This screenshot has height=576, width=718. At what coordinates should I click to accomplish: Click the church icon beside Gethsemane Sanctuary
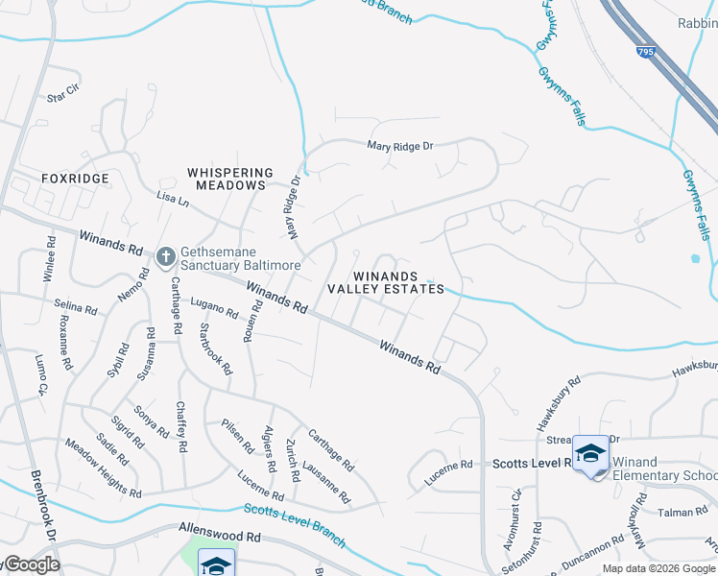[165, 255]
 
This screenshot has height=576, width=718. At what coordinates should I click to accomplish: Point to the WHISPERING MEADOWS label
[226, 179]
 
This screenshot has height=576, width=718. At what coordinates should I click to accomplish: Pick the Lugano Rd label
[213, 309]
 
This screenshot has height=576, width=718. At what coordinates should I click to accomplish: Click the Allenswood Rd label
[220, 529]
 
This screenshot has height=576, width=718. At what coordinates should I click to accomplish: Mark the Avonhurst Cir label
[515, 509]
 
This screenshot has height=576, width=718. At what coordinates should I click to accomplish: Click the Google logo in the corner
[31, 564]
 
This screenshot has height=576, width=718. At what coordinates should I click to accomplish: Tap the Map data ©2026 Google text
[658, 568]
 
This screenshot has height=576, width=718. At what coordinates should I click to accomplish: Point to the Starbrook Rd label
[215, 348]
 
